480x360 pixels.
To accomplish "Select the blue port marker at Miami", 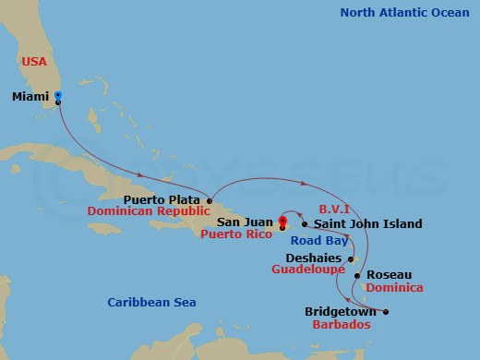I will pos(57,96).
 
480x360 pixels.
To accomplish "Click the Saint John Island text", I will pos(367,223).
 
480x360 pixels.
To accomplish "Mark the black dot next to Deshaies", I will pos(350,258).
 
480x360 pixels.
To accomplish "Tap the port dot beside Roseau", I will pos(359,275).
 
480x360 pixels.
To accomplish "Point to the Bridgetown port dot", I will pos(386,312).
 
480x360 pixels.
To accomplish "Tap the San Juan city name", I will pos(245,222).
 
